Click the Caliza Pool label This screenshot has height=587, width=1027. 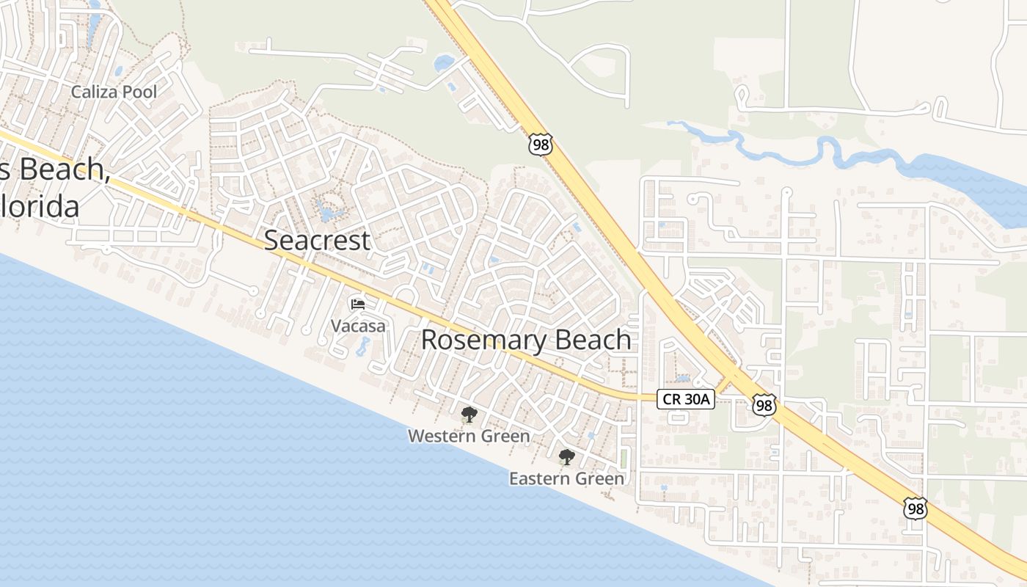pos(114,92)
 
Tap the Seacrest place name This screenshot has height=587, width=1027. pos(317,240)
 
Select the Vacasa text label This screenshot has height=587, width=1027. pos(358,326)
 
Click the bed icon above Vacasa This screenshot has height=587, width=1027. pos(358,304)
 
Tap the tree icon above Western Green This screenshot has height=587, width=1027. pos(469,415)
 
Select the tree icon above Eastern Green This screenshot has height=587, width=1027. pos(566,457)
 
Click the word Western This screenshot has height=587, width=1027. pos(439,436)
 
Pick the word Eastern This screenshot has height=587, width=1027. pos(538,478)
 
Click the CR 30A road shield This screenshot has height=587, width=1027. pos(685,399)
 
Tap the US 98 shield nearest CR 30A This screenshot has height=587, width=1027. pos(764,404)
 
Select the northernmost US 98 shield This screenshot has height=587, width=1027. pos(540,144)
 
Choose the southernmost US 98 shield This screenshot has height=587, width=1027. pos(915,508)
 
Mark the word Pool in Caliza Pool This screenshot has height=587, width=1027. pos(141,92)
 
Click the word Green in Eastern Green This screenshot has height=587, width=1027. pos(599,478)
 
